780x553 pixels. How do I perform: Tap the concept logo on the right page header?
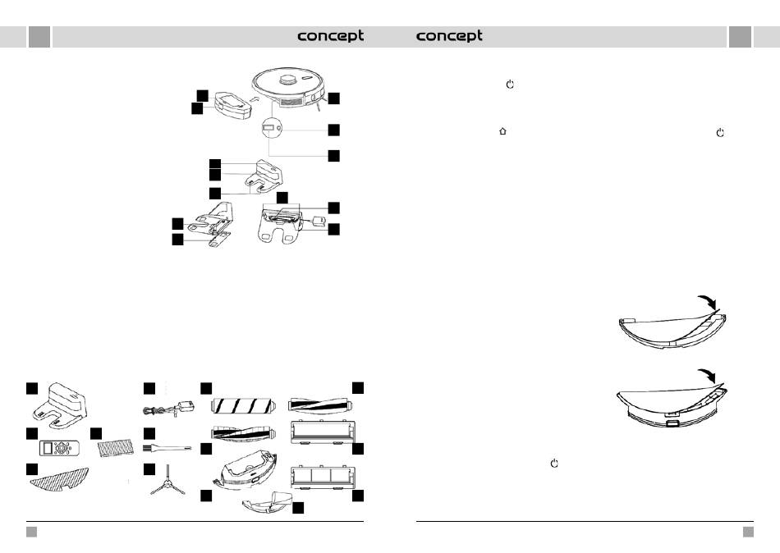[449, 36]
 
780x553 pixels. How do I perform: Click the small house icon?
[502, 131]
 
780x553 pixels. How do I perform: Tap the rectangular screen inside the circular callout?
[268, 129]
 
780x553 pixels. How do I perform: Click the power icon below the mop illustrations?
[555, 464]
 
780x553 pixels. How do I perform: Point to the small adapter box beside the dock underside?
[318, 222]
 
